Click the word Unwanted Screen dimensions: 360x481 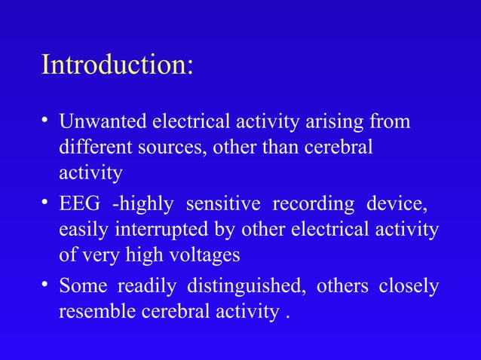103,121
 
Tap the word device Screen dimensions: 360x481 397,204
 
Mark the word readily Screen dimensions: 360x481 149,287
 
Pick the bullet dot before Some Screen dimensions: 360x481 47,285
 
